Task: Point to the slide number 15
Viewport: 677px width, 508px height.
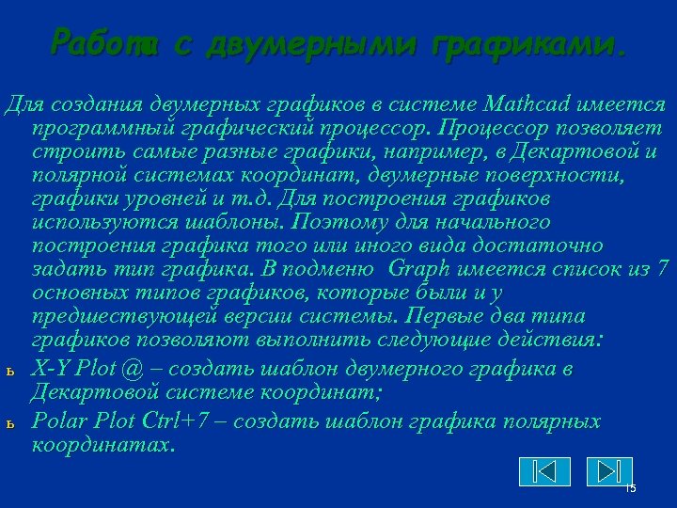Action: [631, 488]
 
